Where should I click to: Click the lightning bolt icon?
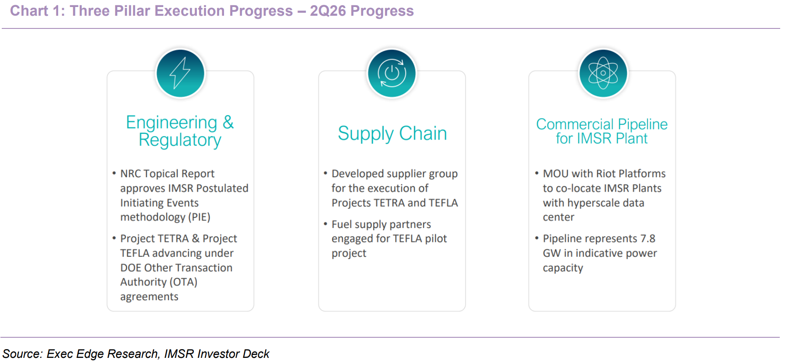click(x=180, y=73)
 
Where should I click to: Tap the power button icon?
click(x=392, y=73)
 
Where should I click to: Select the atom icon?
click(x=603, y=73)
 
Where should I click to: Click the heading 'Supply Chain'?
click(x=392, y=133)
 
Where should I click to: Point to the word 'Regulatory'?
click(x=180, y=140)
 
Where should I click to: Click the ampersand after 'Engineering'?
click(x=228, y=122)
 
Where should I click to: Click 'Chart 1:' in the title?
click(x=37, y=11)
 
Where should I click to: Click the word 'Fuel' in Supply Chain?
click(x=341, y=224)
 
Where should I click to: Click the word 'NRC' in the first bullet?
click(x=130, y=174)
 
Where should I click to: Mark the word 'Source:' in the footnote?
click(x=22, y=354)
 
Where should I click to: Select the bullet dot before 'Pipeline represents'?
click(x=537, y=238)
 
